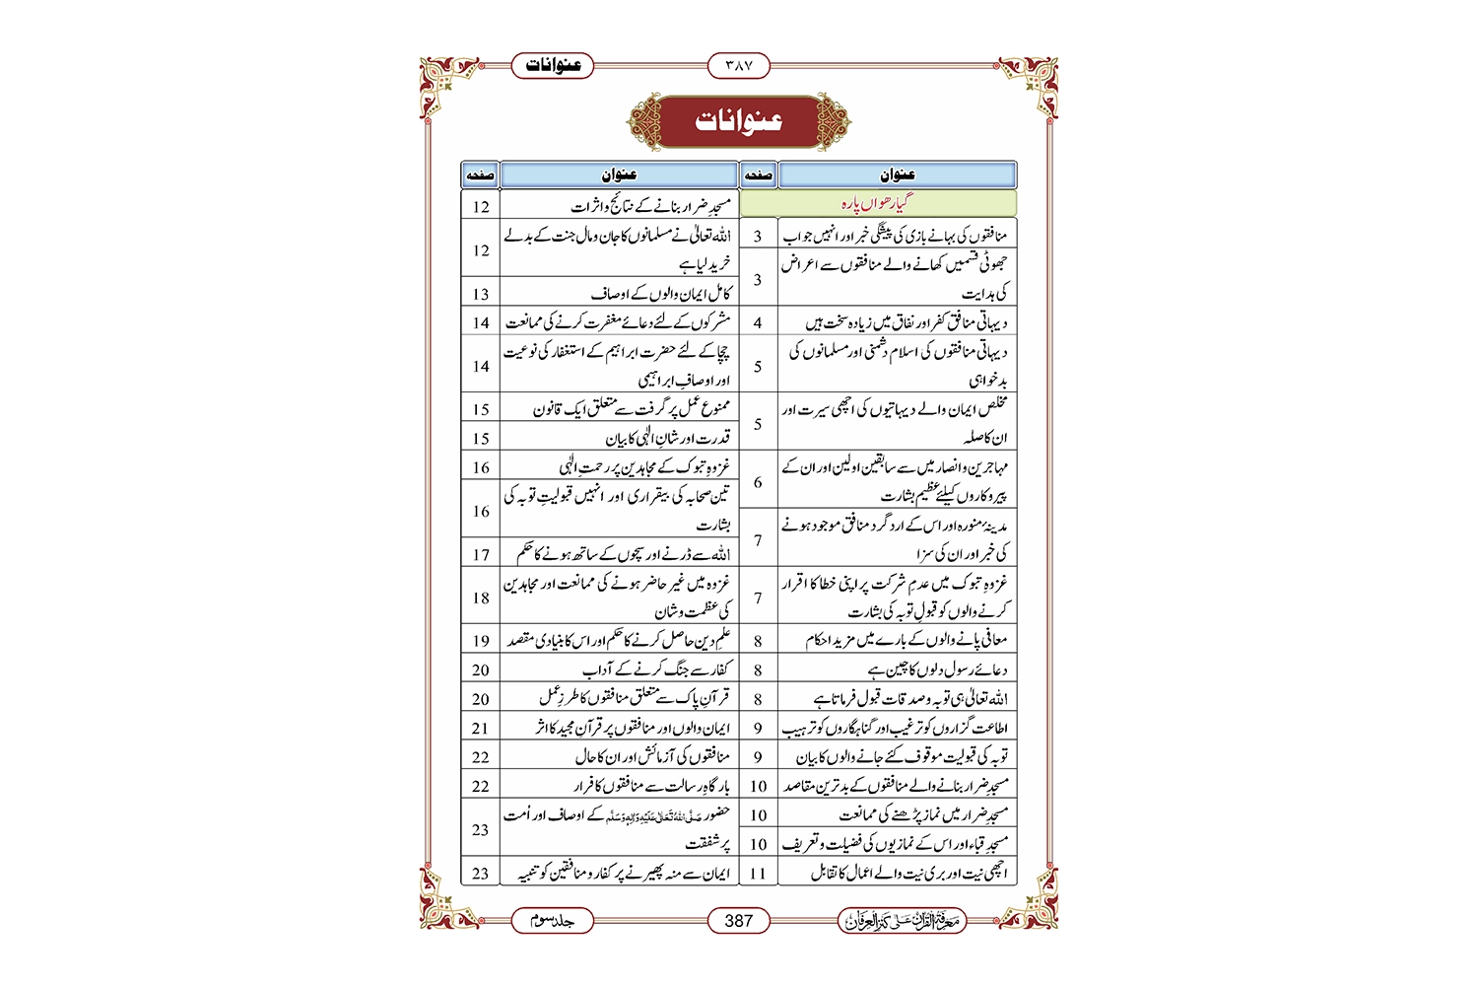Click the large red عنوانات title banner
click(739, 121)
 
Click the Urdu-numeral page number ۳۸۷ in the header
click(739, 66)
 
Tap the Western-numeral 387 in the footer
click(739, 921)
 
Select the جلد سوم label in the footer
click(552, 921)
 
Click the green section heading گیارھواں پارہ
click(877, 204)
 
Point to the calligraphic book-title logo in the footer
click(902, 921)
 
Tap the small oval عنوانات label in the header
click(553, 66)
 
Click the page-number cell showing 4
click(758, 322)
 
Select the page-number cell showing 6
click(758, 482)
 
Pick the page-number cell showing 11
click(758, 873)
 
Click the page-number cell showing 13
click(481, 294)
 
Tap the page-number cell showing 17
click(481, 554)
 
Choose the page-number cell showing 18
click(481, 598)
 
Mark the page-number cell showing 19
click(481, 641)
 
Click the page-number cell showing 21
click(481, 729)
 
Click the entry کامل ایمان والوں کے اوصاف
click(660, 294)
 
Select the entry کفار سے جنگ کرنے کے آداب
click(656, 670)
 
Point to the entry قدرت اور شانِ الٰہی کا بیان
click(667, 439)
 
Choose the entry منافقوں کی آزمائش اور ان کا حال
click(652, 757)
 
